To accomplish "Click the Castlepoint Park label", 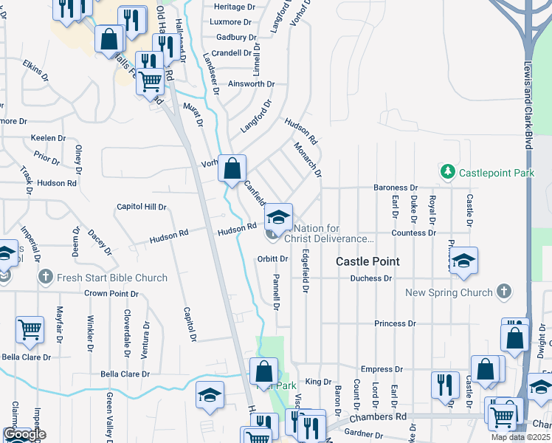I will [x=496, y=173].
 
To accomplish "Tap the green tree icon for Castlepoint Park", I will [x=447, y=172].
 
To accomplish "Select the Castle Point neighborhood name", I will [x=368, y=261].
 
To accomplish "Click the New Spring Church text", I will [x=449, y=292].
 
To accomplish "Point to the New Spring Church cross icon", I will [x=504, y=292].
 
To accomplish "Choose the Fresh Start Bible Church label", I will [x=113, y=278].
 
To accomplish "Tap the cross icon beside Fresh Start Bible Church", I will [x=45, y=278].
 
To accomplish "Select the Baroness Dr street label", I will [x=396, y=188].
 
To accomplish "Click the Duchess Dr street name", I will [x=371, y=278].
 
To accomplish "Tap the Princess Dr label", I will [x=395, y=323].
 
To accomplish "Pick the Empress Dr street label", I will [x=381, y=369].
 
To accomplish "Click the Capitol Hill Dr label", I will [x=142, y=207].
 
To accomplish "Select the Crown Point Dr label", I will [x=111, y=293].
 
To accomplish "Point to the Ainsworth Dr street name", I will [x=251, y=84].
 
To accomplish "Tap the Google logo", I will [x=24, y=434].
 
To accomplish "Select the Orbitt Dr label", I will [x=272, y=259].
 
